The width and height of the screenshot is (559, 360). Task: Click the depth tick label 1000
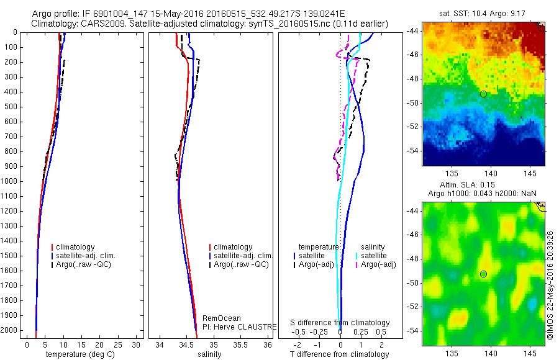pos(9,181)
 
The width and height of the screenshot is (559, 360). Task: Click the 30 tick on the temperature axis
pos(137,344)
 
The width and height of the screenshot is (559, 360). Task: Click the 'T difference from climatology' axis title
pos(340,354)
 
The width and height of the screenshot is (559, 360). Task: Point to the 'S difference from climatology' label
pos(340,323)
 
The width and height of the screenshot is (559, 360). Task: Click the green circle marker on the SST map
pos(483,94)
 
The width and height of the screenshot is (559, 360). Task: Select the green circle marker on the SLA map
pos(483,274)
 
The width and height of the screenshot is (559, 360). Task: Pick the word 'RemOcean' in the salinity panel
pos(222,318)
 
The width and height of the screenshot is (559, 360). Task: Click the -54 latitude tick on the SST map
pos(414,151)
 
